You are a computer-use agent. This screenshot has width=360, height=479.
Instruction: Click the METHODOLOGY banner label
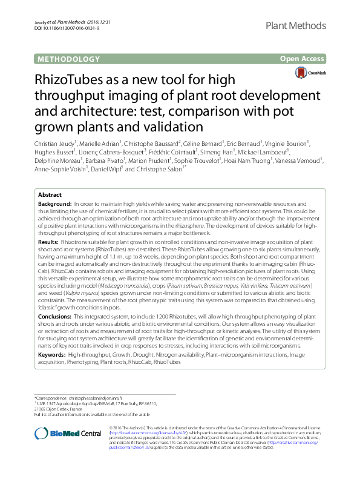(68, 59)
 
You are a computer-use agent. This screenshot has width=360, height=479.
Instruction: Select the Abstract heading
(50, 195)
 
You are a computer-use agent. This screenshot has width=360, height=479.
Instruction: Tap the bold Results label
(50, 240)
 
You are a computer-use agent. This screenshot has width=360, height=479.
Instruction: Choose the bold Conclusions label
(55, 315)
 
